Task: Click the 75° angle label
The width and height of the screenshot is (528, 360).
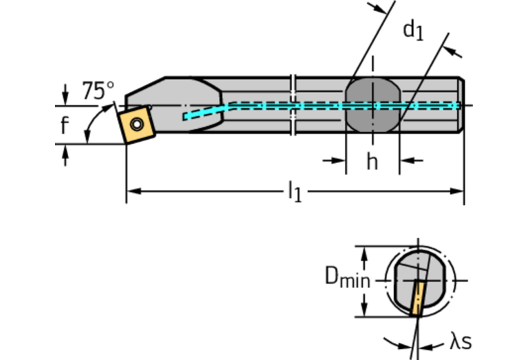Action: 98,90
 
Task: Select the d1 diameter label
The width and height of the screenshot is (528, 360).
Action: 413,31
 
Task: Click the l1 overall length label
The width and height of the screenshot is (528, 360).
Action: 295,191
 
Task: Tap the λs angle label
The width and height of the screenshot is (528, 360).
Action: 461,341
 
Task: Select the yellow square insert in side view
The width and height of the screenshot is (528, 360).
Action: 136,124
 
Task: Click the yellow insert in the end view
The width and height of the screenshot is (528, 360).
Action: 416,298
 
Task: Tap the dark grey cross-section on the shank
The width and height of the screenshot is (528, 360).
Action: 372,105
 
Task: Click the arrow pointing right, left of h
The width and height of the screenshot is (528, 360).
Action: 339,160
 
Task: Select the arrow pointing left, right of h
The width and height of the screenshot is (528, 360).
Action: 406,160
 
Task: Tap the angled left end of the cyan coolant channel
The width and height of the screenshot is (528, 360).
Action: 186,116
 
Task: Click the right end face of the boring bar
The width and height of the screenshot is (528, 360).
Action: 461,105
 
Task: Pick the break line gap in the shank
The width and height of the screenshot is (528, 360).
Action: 294,105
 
